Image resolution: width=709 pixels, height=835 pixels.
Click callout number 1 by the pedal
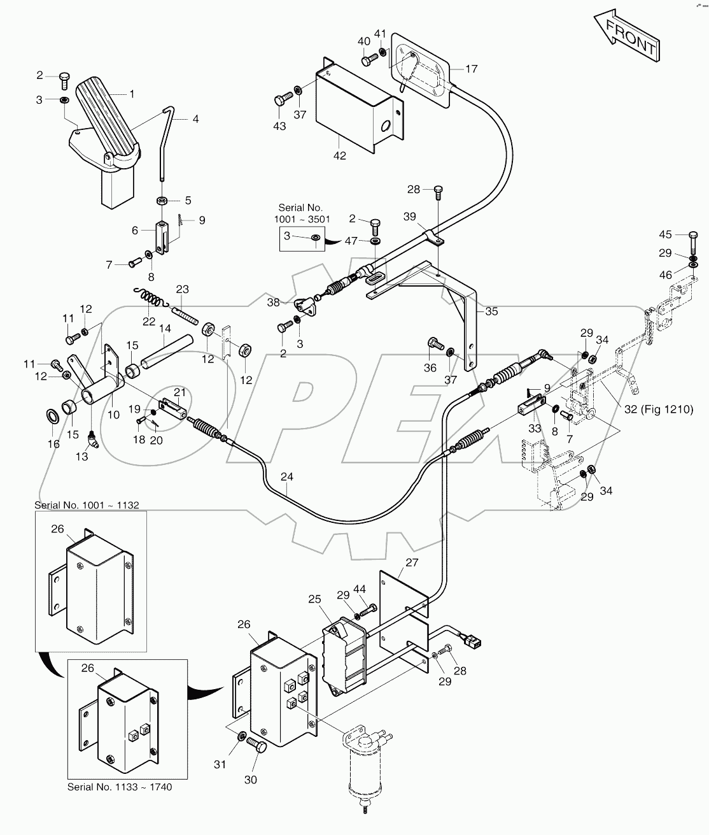click(x=132, y=94)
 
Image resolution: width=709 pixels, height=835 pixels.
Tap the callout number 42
click(x=340, y=155)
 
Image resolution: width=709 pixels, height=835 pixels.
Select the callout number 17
click(x=471, y=69)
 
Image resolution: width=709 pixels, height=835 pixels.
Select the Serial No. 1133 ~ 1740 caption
click(x=120, y=787)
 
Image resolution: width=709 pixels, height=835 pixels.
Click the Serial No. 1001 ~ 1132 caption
click(x=87, y=505)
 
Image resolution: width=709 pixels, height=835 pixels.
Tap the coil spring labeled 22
click(x=150, y=297)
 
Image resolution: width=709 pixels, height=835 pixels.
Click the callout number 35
click(x=491, y=311)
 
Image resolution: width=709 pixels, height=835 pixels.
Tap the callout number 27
click(x=412, y=562)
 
